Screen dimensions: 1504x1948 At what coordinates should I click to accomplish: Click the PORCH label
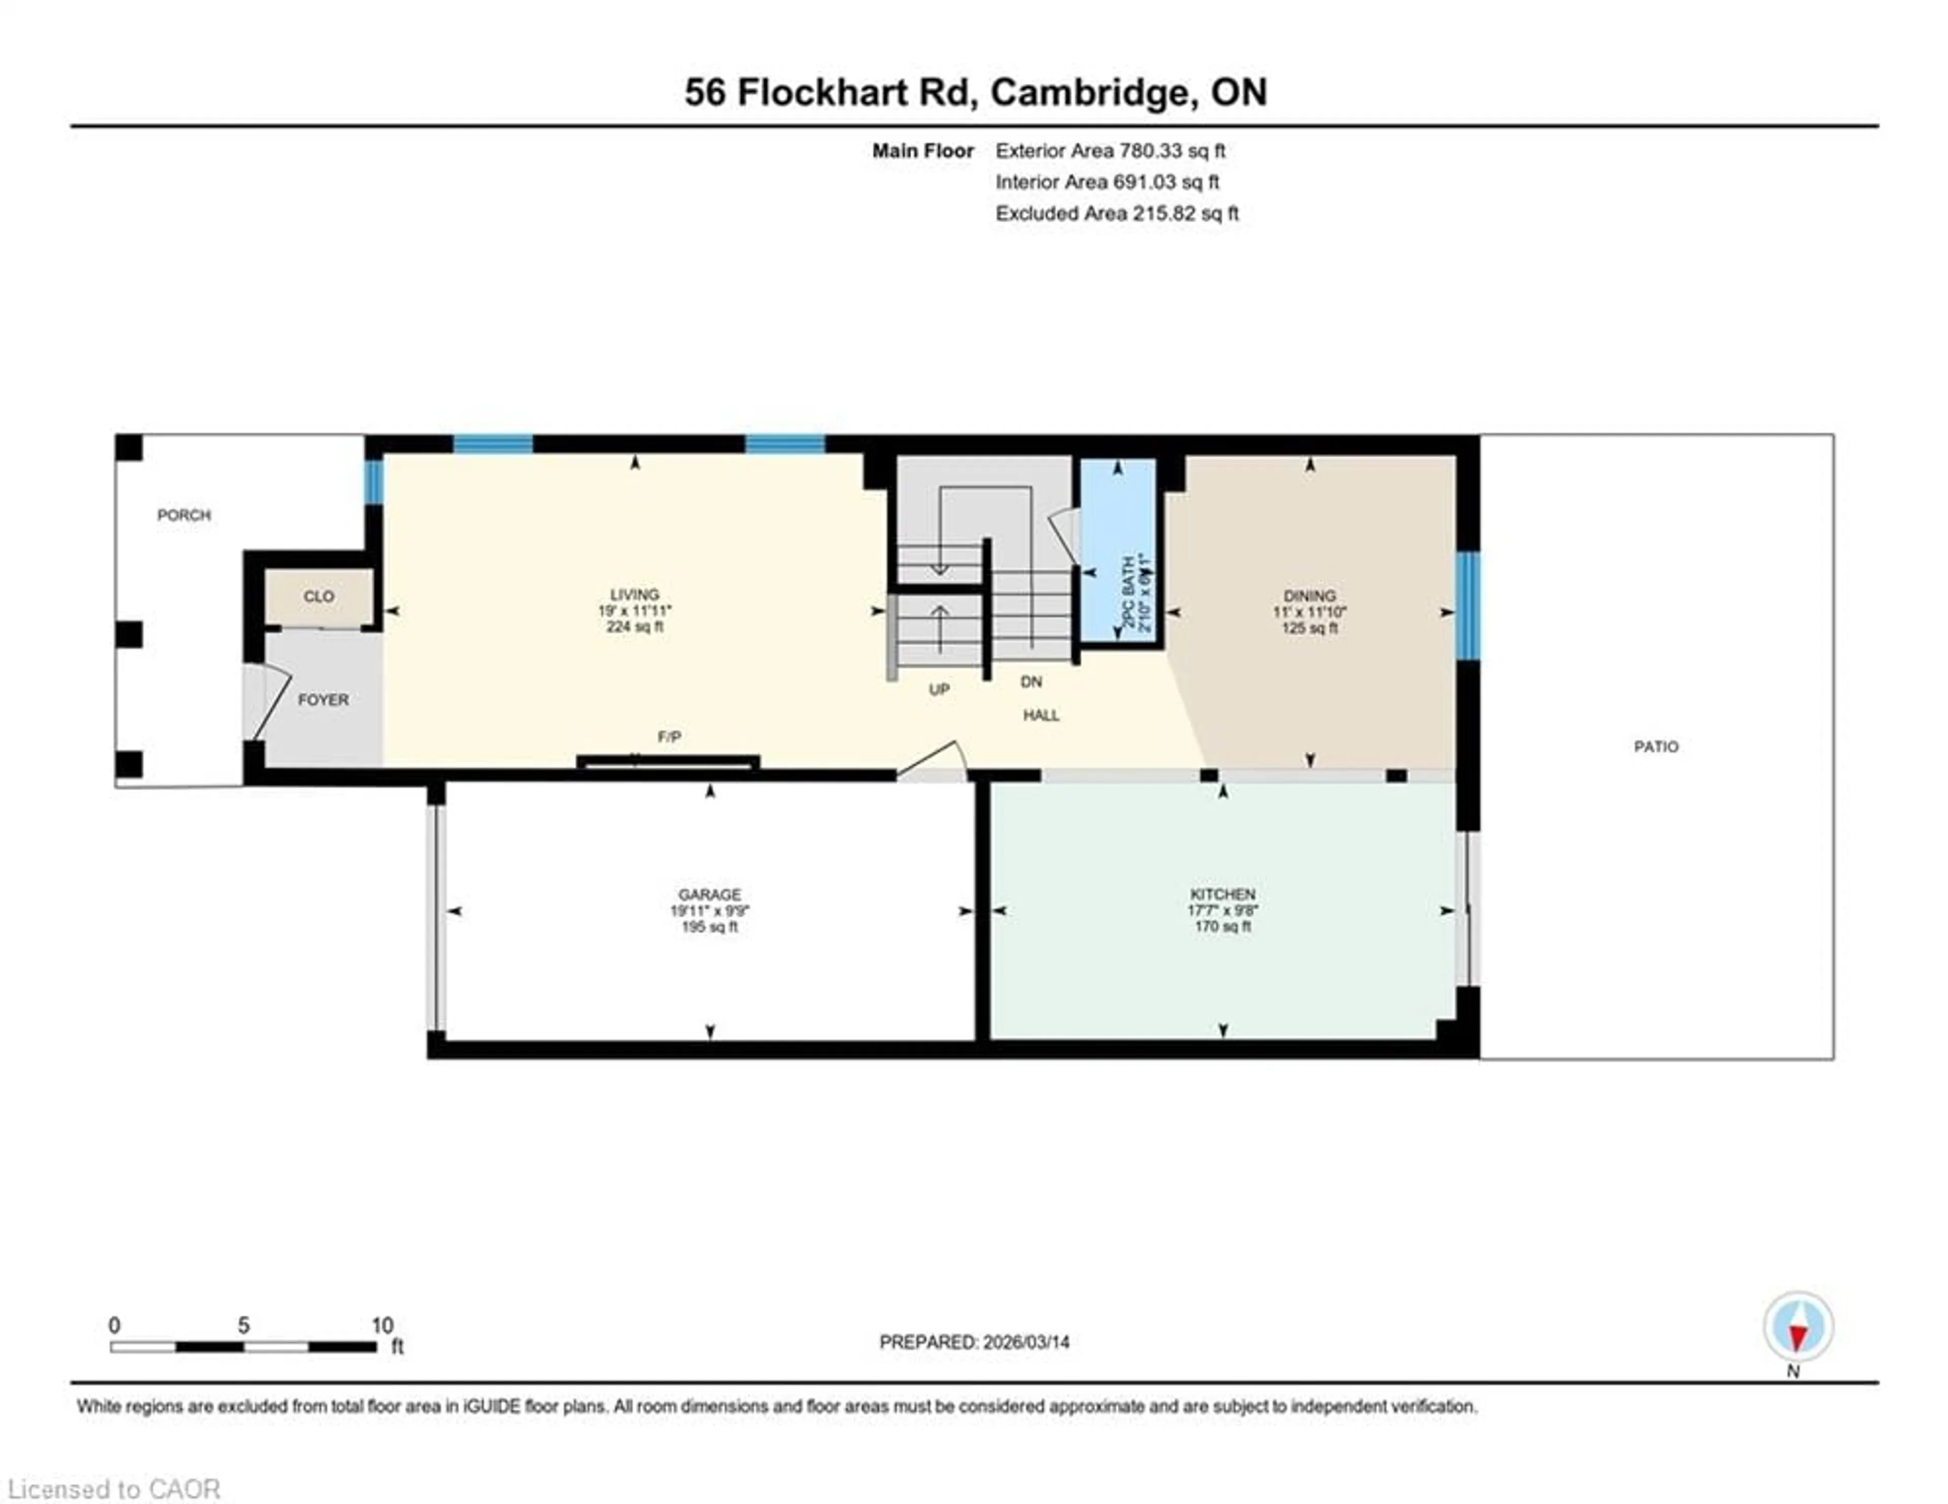(184, 515)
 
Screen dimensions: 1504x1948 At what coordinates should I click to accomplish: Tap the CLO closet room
(319, 596)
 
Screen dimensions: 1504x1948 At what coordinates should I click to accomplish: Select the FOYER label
(323, 699)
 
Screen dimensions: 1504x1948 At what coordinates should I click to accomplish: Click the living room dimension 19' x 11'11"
(634, 611)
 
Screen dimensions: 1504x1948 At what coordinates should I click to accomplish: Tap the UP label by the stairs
(938, 690)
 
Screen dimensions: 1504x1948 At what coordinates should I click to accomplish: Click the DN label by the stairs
(1031, 681)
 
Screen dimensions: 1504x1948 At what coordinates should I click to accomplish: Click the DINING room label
(1309, 596)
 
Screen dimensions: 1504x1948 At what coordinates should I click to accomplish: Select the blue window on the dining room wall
(1467, 606)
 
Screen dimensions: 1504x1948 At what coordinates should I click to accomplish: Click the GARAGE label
(709, 894)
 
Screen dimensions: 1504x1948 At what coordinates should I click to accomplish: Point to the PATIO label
(1655, 746)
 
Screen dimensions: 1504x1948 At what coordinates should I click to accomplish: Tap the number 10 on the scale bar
(382, 1325)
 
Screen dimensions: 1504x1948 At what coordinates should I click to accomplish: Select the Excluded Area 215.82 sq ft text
(1117, 213)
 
